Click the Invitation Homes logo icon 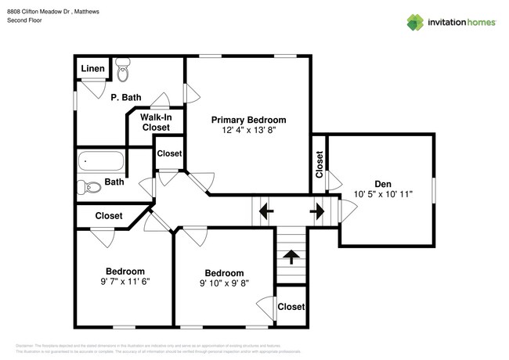415,23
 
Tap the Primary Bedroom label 248,120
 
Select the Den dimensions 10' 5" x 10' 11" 382,193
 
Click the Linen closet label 92,69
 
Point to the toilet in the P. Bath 122,70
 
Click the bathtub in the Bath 101,163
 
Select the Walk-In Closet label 155,122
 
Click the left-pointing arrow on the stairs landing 265,210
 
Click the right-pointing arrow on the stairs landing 317,210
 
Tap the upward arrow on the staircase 291,257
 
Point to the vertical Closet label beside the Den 319,164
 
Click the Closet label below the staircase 291,307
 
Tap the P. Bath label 125,97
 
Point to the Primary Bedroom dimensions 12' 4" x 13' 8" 248,131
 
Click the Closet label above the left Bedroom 108,215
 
